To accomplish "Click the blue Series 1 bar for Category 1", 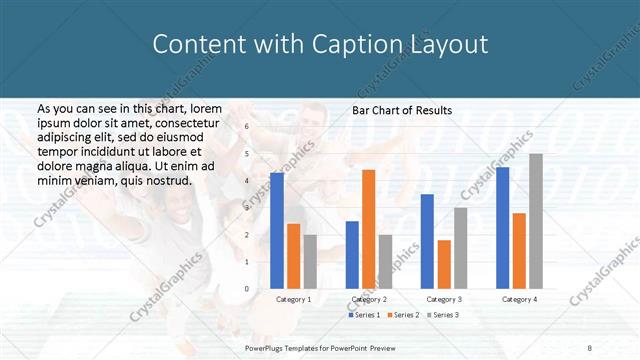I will [277, 230].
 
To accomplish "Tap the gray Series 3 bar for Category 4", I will [536, 221].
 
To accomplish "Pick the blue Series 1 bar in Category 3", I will [427, 241].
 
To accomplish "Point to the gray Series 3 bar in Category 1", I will [310, 262].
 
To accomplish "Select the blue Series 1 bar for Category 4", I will [502, 228].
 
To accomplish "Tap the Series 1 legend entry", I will [364, 316].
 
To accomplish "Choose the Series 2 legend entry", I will [402, 316].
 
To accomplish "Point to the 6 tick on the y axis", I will [247, 127].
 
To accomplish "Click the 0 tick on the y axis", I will [247, 289].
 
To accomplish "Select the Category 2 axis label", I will [369, 299].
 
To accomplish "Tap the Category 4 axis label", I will [519, 299].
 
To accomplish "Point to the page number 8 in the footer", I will [590, 348].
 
